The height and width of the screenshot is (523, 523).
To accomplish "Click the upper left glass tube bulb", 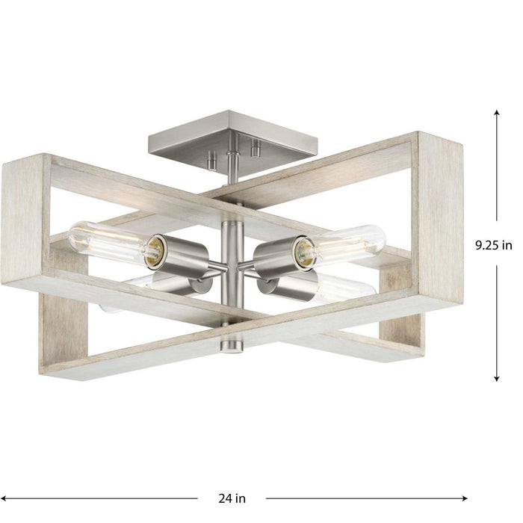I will coord(105,240).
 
